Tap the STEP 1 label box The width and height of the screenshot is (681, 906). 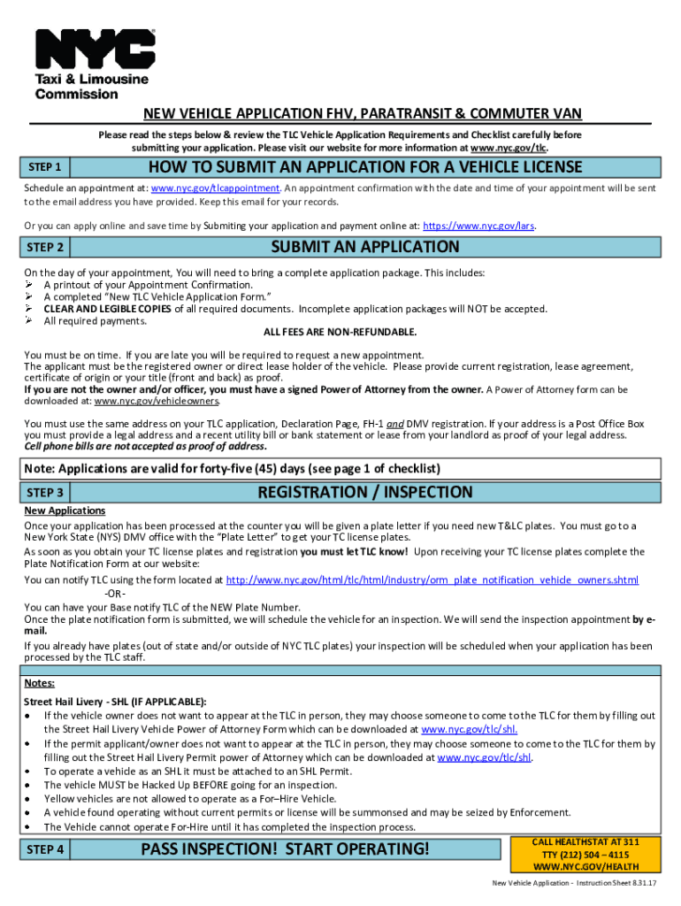point(45,167)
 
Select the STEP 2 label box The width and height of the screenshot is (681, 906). point(45,248)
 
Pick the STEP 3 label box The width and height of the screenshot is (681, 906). point(45,493)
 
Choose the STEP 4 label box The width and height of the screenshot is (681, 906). point(45,850)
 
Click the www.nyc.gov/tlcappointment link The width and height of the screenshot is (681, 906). point(216,188)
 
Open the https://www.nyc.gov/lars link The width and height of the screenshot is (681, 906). point(479,226)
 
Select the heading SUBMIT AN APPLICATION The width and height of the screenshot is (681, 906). point(365,248)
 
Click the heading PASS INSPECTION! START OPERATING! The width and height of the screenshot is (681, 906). point(286,850)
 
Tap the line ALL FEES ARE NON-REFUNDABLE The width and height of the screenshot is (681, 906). point(340,332)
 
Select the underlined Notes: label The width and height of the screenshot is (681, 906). point(39,683)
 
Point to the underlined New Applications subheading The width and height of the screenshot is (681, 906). point(65,511)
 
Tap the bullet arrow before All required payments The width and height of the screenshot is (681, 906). point(29,320)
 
